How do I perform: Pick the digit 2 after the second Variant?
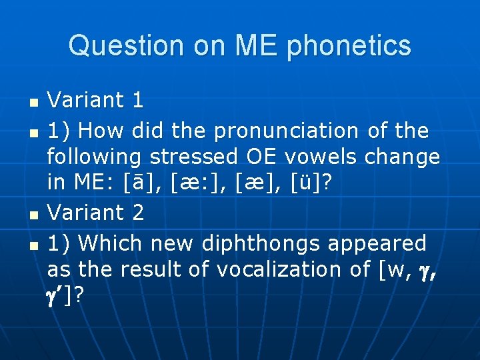tap(137, 213)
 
